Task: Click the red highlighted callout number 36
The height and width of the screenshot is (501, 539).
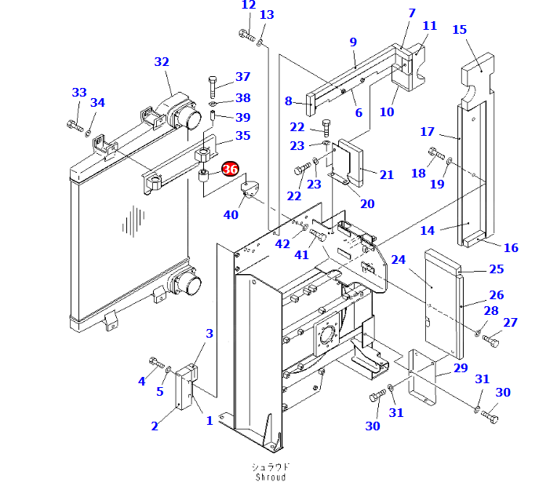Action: pos(230,169)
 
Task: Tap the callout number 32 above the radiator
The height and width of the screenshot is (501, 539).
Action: pos(162,62)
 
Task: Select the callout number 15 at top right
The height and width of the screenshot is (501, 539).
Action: pos(460,30)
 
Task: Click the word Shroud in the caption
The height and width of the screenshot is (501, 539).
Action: pos(270,477)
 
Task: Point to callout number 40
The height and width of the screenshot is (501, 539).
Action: pos(231,214)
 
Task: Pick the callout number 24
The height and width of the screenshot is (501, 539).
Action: pos(399,259)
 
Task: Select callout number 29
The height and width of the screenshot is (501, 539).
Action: pos(460,368)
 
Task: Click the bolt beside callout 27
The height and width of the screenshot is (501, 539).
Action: pos(492,341)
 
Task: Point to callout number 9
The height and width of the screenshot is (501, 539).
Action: pos(353,42)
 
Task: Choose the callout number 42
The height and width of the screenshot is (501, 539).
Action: pos(282,243)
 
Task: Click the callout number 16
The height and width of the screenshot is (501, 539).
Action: pos(511,247)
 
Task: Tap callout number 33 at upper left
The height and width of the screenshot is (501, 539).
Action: pos(79,93)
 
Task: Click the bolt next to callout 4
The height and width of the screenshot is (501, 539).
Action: pos(155,361)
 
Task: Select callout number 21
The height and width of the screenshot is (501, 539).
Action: pos(387,174)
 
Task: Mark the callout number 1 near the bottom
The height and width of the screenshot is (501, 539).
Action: pos(209,420)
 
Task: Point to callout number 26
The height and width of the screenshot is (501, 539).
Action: pos(496,295)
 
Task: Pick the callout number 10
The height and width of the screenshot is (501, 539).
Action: pos(387,112)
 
